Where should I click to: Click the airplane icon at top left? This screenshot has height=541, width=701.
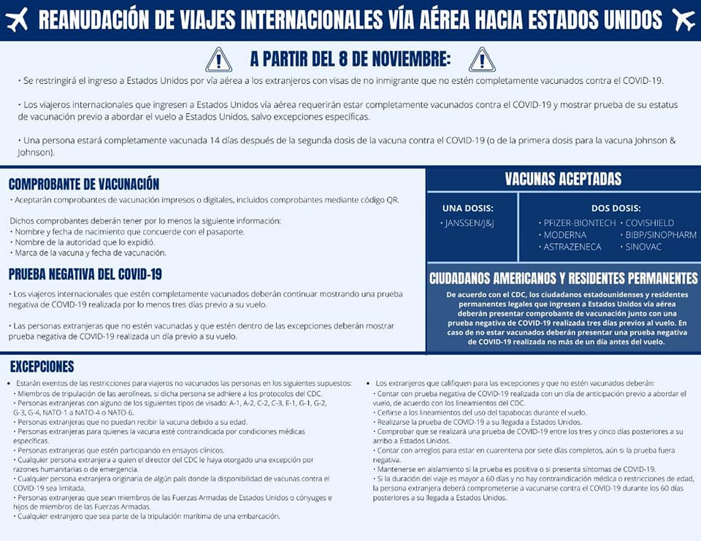click(x=16, y=20)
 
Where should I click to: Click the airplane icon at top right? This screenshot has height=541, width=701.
click(x=684, y=20)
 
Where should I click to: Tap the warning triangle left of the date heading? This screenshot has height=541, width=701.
click(x=218, y=59)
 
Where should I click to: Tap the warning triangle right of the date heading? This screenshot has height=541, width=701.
click(x=481, y=59)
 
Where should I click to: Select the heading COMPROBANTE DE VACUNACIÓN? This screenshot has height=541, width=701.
click(x=84, y=184)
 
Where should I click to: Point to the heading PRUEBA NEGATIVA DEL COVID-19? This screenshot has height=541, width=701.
click(x=85, y=275)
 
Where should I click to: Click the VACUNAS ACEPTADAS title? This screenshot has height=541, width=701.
click(x=563, y=179)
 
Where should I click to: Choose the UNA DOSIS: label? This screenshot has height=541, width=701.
click(x=468, y=208)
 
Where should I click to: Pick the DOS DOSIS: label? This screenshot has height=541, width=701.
click(x=616, y=208)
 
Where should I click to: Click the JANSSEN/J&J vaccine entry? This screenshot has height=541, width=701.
click(x=470, y=223)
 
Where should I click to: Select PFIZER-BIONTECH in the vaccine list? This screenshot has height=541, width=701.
click(x=580, y=223)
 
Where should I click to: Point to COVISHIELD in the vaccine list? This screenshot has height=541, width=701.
click(x=649, y=223)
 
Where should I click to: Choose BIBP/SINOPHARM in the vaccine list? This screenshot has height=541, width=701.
click(x=660, y=235)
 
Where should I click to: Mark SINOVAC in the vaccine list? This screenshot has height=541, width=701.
click(x=642, y=247)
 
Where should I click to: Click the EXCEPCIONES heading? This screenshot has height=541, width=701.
click(x=42, y=367)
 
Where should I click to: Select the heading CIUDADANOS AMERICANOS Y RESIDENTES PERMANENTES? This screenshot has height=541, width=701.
click(x=563, y=278)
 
